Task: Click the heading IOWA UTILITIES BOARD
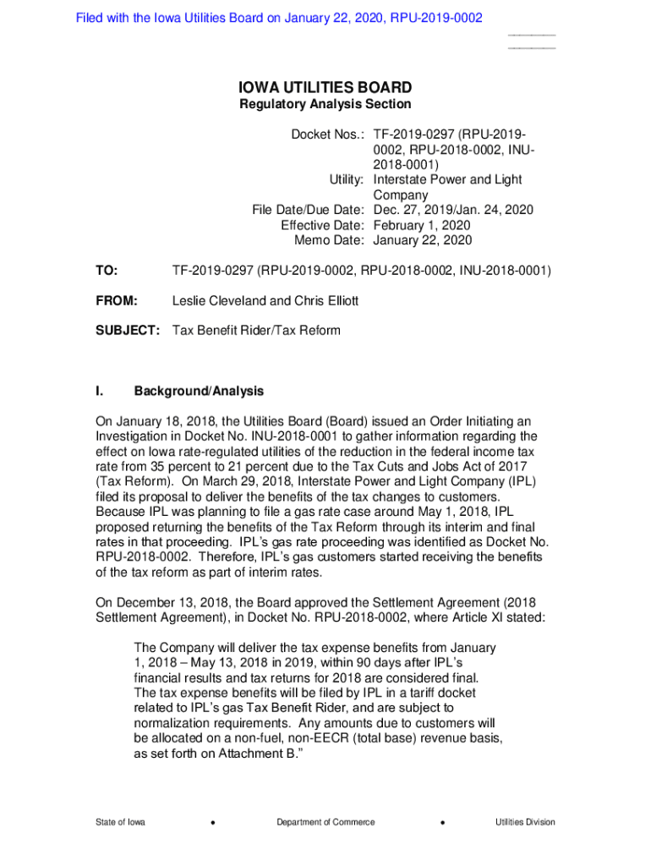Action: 325,87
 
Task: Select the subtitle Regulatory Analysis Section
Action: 325,105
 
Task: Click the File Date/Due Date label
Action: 308,211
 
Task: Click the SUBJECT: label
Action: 127,330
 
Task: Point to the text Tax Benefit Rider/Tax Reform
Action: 256,330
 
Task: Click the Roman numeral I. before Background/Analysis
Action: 100,392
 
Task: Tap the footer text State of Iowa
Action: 119,822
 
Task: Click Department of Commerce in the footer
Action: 325,822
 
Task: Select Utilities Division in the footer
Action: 525,822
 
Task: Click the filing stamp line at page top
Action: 279,18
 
